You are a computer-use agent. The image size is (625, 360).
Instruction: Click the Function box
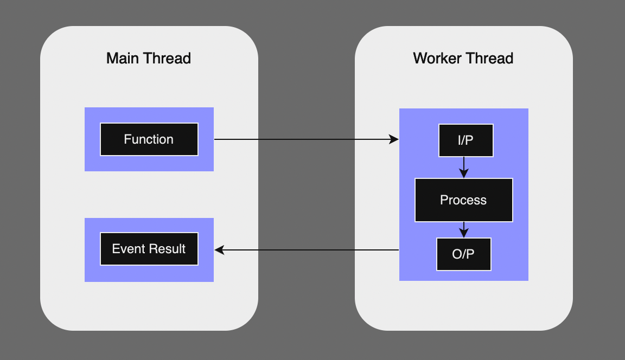[149, 139]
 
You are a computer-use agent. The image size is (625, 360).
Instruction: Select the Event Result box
[149, 249]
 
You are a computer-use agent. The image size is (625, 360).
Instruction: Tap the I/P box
[465, 140]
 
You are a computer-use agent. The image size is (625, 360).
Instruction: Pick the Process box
[463, 200]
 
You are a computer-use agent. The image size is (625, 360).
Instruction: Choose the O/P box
[463, 254]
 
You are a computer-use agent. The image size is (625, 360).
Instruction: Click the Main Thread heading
[149, 58]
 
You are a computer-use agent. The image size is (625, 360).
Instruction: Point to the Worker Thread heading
[463, 58]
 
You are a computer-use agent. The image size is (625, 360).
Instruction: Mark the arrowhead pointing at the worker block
[394, 139]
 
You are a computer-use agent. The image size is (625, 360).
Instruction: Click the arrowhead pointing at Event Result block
[220, 250]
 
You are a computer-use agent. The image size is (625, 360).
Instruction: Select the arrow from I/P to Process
[463, 167]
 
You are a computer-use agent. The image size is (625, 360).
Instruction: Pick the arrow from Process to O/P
[463, 229]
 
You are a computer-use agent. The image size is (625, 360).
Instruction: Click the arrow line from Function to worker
[304, 139]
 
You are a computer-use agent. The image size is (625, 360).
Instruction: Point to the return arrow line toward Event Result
[309, 250]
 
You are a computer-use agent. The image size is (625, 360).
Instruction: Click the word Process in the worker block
[463, 200]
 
